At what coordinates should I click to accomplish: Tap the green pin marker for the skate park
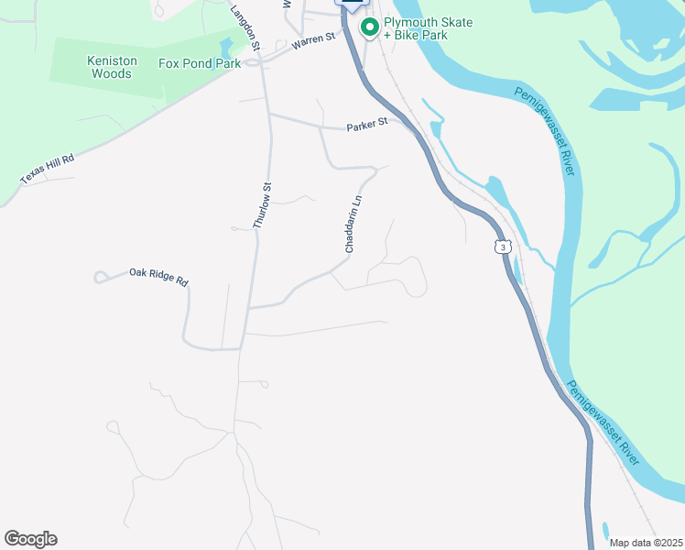click(x=370, y=28)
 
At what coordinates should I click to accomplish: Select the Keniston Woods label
click(x=112, y=67)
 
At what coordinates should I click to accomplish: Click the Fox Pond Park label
click(x=199, y=64)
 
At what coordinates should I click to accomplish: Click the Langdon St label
click(x=245, y=27)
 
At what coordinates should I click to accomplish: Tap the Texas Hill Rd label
click(x=47, y=168)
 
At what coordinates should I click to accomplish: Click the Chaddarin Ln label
click(x=353, y=223)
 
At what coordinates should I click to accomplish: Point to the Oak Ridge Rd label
click(x=158, y=277)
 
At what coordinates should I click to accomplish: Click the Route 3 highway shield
click(x=501, y=247)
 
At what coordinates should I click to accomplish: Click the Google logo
click(x=30, y=539)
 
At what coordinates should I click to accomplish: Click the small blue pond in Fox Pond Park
click(x=226, y=47)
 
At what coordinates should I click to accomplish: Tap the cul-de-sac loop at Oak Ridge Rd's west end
click(x=100, y=276)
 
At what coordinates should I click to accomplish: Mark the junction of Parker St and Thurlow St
click(x=268, y=115)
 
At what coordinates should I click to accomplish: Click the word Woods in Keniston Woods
click(x=112, y=73)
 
